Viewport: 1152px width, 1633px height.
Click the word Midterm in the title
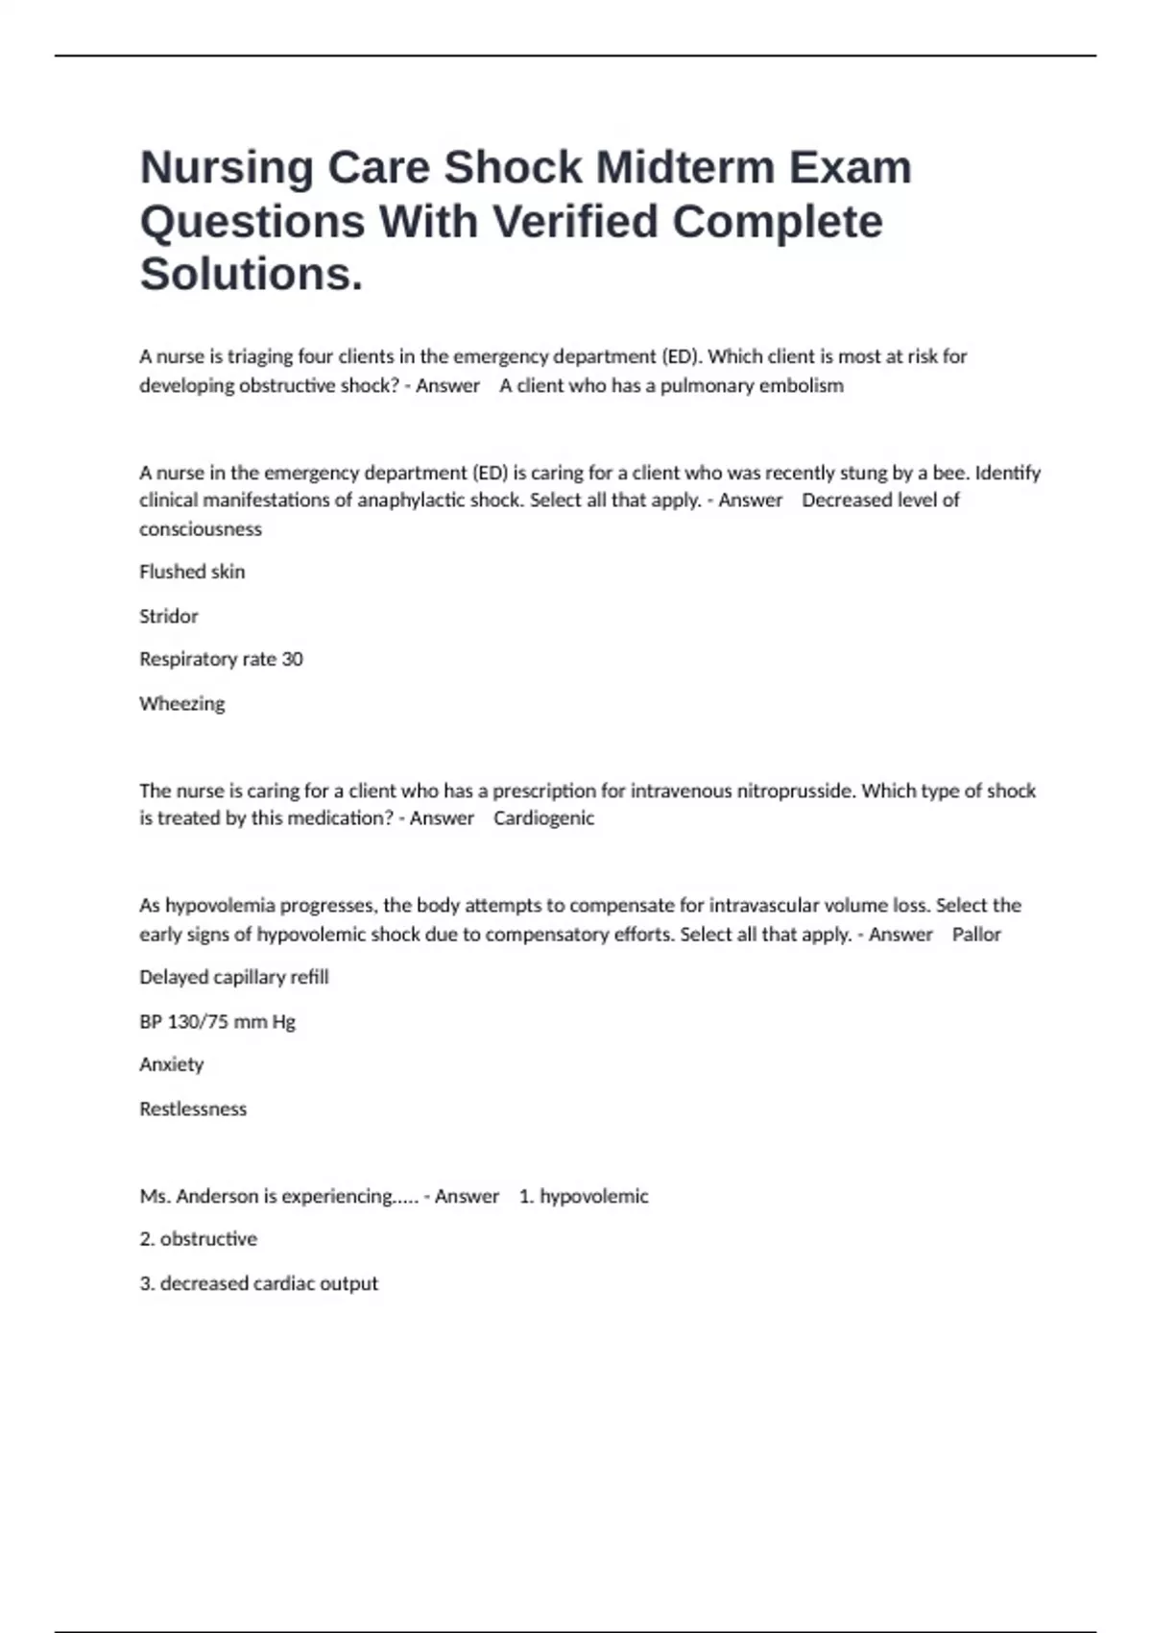[684, 168]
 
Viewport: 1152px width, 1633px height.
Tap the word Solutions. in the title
[252, 275]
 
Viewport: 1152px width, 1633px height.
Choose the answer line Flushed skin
[192, 572]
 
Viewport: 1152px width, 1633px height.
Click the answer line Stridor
[169, 616]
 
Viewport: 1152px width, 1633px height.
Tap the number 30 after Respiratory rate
[292, 659]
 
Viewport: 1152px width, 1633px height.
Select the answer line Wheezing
[182, 703]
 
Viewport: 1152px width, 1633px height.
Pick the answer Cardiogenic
[543, 818]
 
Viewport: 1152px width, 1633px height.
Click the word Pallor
[976, 935]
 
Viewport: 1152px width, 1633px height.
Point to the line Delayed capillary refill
[234, 977]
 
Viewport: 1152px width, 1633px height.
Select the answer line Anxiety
[172, 1064]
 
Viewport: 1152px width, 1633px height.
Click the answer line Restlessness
[193, 1109]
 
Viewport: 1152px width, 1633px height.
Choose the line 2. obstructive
[199, 1239]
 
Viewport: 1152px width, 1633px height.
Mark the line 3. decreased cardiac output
[259, 1283]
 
